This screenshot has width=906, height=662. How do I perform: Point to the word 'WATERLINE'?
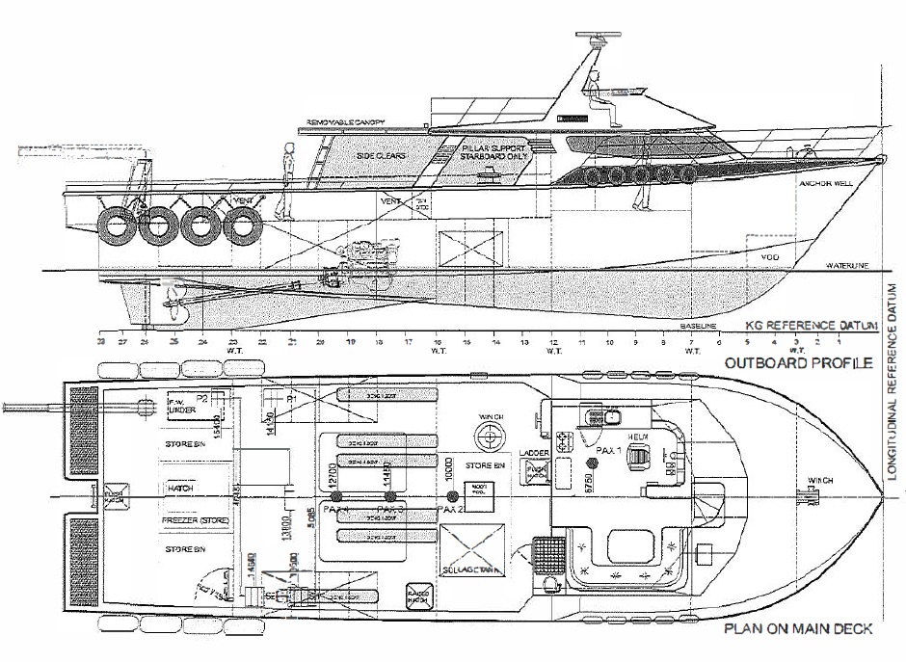844,266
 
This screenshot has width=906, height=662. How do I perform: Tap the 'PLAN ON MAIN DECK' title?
796,629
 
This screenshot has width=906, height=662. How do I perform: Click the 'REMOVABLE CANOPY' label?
345,122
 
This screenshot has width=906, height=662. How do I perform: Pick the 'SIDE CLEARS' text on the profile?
382,154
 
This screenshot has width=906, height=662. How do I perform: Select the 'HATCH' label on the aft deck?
180,489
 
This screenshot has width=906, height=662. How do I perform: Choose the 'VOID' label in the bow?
769,256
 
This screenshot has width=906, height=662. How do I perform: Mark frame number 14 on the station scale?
495,342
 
